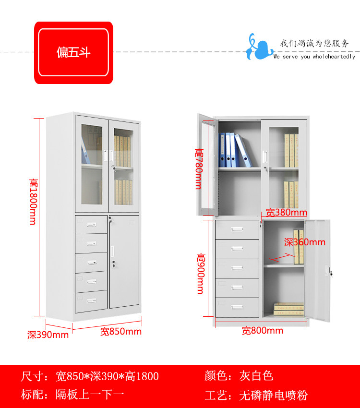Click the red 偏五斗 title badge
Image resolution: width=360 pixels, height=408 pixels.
point(73,52)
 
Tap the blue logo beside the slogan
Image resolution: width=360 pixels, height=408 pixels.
point(256,48)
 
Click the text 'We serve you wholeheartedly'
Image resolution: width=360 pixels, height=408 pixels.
point(314,57)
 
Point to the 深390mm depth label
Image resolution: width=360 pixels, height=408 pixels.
point(48,335)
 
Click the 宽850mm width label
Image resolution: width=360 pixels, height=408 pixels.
point(120,332)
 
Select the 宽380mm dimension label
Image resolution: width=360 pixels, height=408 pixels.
point(287,212)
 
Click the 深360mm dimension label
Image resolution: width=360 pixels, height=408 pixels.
point(304,242)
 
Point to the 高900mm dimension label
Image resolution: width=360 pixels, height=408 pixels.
point(200,273)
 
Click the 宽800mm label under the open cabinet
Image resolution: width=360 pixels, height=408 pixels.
point(262,331)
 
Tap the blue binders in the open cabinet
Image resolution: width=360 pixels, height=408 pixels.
point(234,150)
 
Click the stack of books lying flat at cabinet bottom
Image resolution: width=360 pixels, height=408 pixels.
point(288,308)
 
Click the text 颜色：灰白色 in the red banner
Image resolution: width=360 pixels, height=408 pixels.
point(239,376)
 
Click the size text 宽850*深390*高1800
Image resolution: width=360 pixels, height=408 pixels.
point(90,376)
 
